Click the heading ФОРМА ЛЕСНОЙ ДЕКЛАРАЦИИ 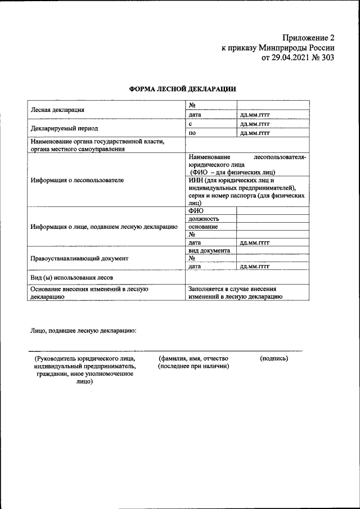(x=183, y=89)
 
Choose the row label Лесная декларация (x=57, y=110)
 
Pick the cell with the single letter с (x=191, y=124)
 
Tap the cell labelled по (x=192, y=133)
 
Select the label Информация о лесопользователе (x=77, y=181)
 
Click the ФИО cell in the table (x=196, y=210)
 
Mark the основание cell (x=203, y=227)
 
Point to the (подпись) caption (x=273, y=358)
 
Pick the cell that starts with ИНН (x=246, y=192)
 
